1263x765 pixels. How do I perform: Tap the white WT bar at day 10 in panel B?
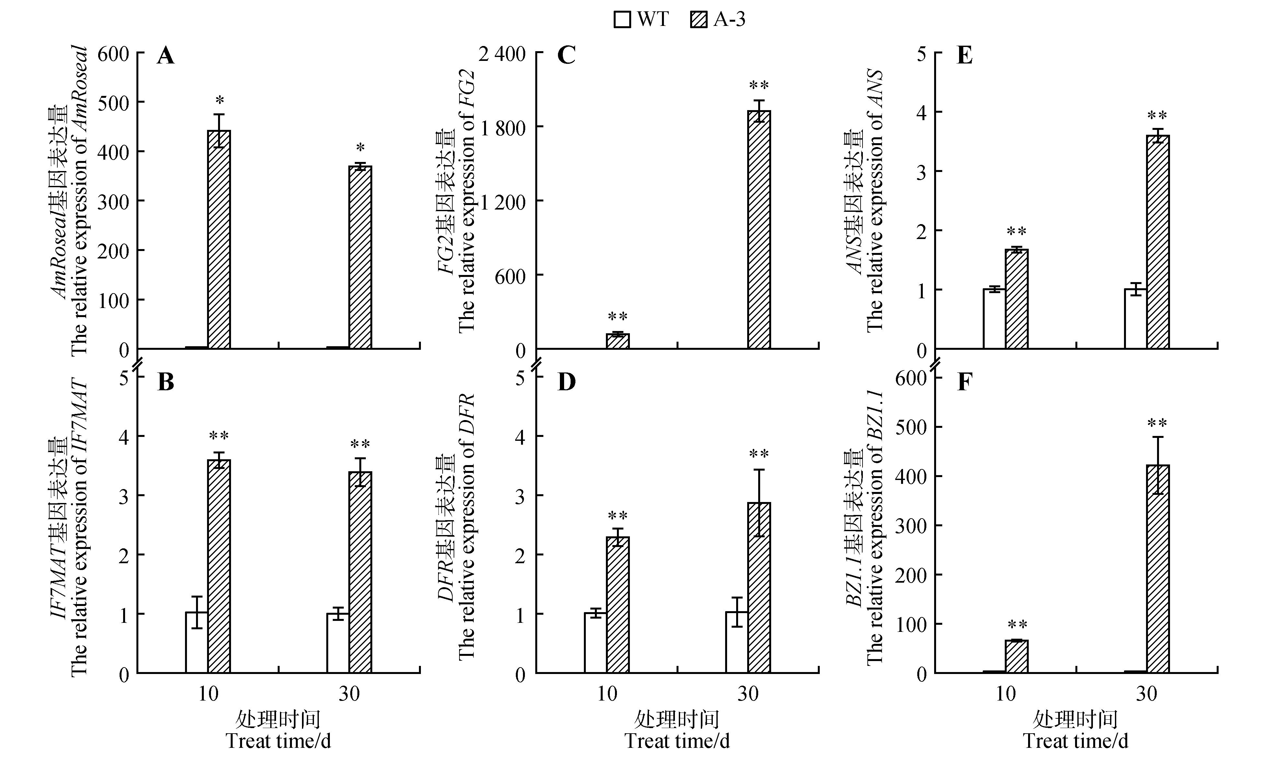click(x=196, y=643)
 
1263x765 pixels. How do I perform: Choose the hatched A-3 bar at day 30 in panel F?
click(x=1158, y=569)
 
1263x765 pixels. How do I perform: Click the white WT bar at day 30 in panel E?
click(x=1135, y=319)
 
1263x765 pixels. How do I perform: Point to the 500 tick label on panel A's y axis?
click(x=113, y=102)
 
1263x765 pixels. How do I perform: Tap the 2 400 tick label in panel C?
click(x=502, y=54)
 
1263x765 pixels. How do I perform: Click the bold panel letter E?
click(x=964, y=56)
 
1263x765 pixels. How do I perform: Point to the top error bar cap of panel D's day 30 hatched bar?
click(x=759, y=469)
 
